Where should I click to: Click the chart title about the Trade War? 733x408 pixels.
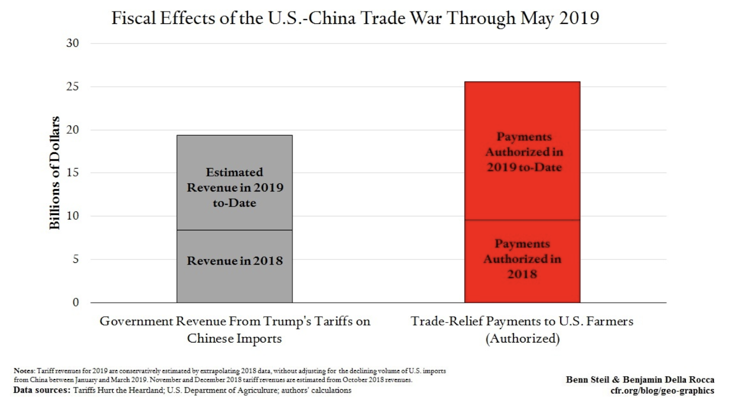click(x=355, y=18)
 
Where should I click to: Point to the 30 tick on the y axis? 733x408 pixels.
click(x=72, y=44)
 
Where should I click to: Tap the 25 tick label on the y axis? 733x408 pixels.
click(x=72, y=87)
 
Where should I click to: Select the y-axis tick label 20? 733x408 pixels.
click(x=72, y=130)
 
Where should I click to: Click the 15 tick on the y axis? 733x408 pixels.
click(x=72, y=173)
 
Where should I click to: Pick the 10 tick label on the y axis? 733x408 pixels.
click(x=72, y=216)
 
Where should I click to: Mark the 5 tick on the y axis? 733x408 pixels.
click(x=75, y=259)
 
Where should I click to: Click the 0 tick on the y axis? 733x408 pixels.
click(x=76, y=302)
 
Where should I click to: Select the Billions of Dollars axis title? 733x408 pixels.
click(x=55, y=173)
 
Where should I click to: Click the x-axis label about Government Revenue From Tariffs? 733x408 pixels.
click(x=235, y=330)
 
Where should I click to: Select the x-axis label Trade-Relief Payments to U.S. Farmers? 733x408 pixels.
click(x=522, y=321)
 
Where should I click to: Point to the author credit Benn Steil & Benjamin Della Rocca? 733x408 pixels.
click(x=640, y=380)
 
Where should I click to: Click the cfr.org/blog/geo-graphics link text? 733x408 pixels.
click(x=662, y=391)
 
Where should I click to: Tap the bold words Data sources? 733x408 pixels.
click(x=42, y=390)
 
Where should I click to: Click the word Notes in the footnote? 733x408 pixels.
click(x=24, y=370)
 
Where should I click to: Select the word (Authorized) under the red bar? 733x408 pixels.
click(x=522, y=339)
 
